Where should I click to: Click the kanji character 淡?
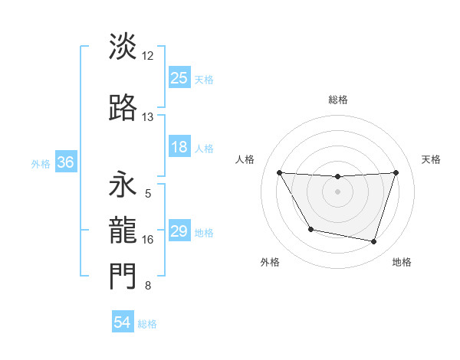tap(123, 46)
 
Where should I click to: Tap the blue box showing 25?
tap(179, 77)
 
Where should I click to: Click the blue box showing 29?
tap(179, 231)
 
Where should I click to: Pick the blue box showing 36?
tap(65, 162)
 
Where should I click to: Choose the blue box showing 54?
tap(123, 322)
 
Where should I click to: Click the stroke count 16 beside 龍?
tap(149, 240)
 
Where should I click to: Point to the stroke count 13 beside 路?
tap(148, 117)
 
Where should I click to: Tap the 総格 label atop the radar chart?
tap(337, 100)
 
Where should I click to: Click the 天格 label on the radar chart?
tap(432, 159)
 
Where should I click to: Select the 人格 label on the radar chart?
tap(245, 159)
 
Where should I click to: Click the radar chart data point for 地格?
tap(373, 242)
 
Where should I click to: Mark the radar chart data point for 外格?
tap(310, 229)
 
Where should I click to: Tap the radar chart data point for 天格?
tap(396, 172)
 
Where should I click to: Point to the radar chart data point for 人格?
tap(279, 172)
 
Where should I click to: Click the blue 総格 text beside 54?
tap(147, 324)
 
